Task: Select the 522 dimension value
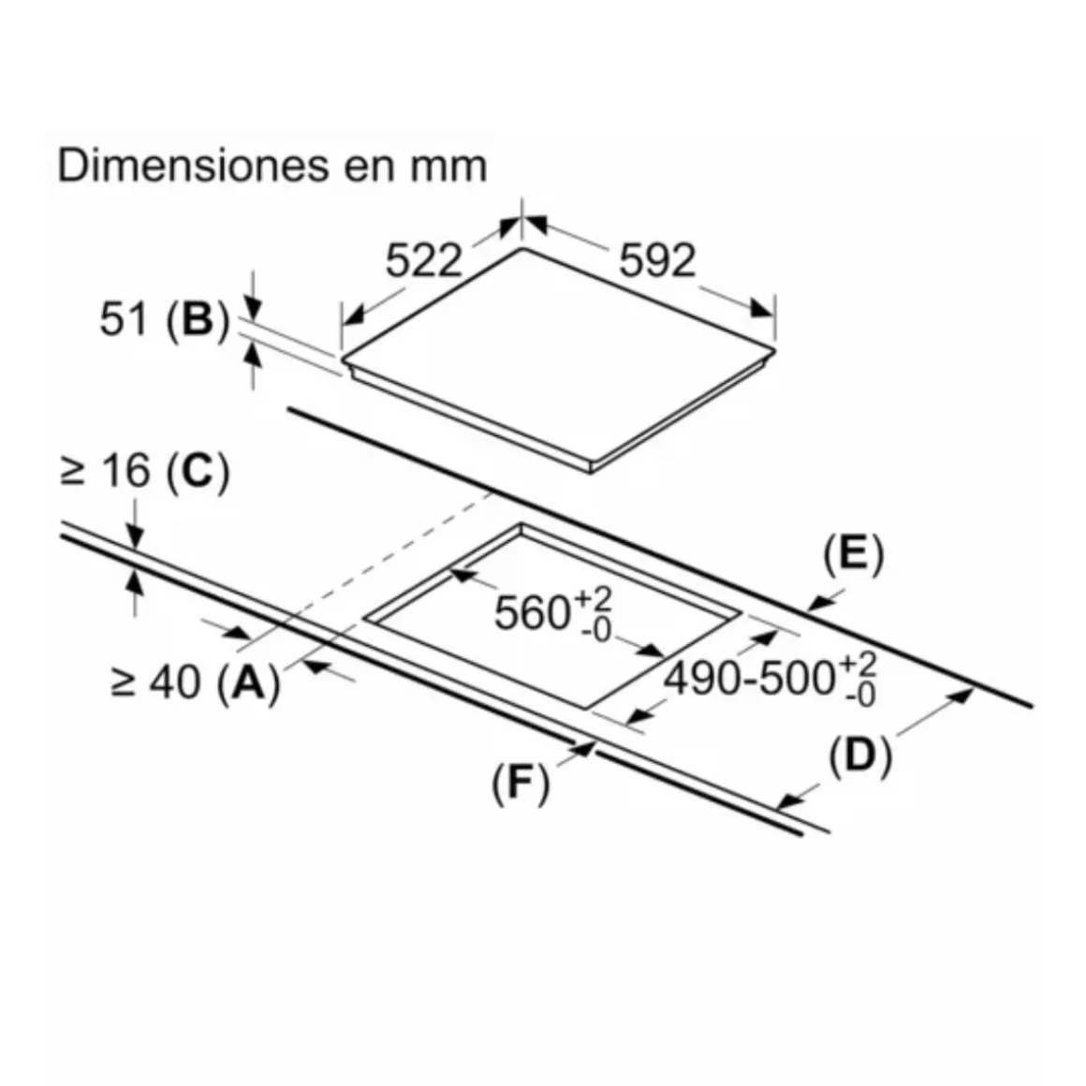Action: (423, 260)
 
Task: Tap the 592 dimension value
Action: (656, 260)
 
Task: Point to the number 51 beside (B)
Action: (124, 319)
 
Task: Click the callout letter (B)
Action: (198, 321)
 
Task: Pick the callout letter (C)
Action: (198, 473)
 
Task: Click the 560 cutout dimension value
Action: (532, 612)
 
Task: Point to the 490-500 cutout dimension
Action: (749, 678)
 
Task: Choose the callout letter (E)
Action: (854, 554)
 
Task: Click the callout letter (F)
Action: (521, 784)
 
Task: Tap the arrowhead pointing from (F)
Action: (584, 748)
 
